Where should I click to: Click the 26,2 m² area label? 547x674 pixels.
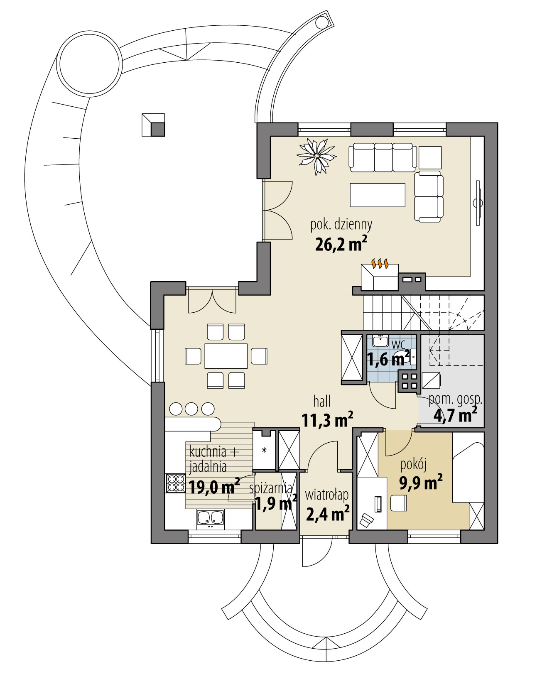click(x=341, y=245)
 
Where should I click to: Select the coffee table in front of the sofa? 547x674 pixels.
click(x=377, y=195)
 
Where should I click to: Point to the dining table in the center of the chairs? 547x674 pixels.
click(x=226, y=356)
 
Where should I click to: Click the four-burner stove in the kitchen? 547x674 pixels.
click(x=175, y=483)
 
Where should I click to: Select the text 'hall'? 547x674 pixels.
click(x=322, y=401)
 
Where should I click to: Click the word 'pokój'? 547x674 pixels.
click(x=413, y=465)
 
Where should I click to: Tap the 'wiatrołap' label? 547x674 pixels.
click(x=326, y=495)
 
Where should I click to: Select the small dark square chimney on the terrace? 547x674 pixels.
click(x=158, y=130)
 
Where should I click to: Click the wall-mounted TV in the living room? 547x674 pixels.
click(x=478, y=203)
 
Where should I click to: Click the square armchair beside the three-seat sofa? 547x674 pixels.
click(x=430, y=157)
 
